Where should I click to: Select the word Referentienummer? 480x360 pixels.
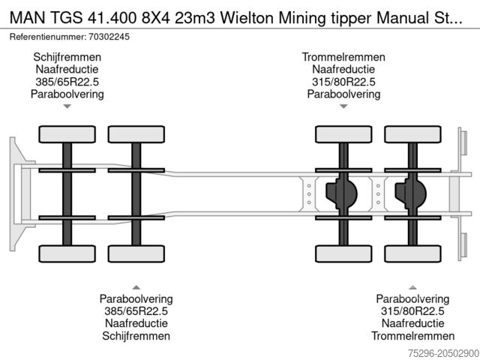click(46, 35)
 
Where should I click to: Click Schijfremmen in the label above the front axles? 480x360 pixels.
click(67, 57)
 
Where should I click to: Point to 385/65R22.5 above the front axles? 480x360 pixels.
click(67, 82)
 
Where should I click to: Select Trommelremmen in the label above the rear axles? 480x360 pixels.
click(343, 57)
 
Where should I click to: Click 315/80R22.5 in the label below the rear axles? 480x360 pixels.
click(412, 311)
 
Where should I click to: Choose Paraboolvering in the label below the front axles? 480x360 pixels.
click(136, 298)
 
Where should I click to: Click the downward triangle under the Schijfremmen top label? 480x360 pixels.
click(67, 107)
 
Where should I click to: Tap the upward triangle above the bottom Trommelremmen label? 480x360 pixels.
click(412, 286)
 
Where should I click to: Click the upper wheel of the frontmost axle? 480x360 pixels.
click(67, 134)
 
